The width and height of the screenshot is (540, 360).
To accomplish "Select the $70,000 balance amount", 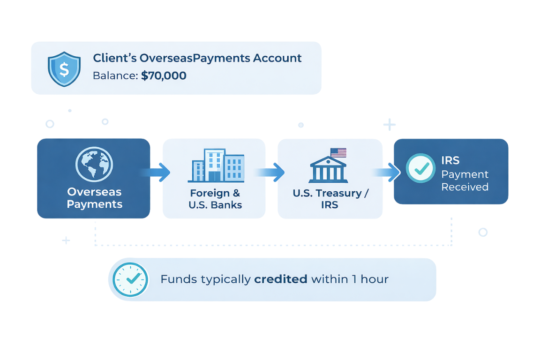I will pos(164,75).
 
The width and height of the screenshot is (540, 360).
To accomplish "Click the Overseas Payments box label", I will pos(94,198).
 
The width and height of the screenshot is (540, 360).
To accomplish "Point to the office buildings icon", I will pos(216,165).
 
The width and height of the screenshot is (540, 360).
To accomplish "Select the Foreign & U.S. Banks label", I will pos(216,199).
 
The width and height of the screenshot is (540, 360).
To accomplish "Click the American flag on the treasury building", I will pos(338,153).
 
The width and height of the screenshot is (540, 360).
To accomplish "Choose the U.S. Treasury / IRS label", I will pos(327,199).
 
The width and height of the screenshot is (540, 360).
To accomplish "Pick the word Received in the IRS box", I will pos(465,187).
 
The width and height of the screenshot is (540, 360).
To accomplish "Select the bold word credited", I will pos(280,279).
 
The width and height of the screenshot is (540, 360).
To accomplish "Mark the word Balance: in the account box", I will pos(115,75).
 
